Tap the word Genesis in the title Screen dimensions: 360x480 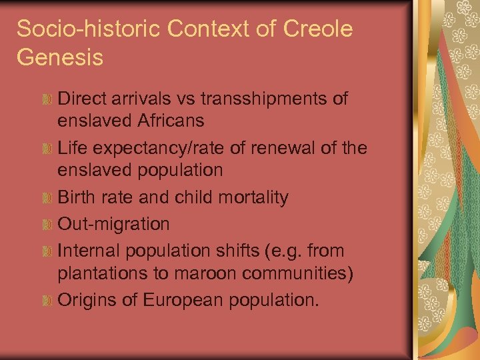(60, 57)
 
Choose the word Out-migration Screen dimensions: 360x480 (114, 224)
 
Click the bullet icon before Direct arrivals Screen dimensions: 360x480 (47, 100)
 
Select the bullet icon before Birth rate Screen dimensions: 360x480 (47, 198)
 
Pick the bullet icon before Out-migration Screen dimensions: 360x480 (47, 225)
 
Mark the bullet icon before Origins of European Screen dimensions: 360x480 (47, 301)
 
